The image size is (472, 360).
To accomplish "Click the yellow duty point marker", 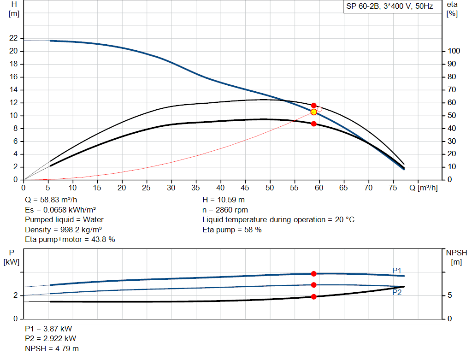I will [314, 112].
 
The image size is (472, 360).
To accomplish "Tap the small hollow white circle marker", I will [319, 109].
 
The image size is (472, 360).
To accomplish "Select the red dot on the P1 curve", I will [314, 274].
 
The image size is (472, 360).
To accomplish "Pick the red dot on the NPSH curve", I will [314, 297].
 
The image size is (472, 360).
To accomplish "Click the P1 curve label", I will [397, 270].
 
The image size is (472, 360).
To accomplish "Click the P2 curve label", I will [397, 292].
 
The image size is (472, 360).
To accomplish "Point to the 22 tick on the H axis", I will [13, 38].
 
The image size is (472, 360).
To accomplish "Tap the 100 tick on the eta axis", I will [454, 51].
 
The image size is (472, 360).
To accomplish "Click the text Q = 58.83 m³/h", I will [51, 200].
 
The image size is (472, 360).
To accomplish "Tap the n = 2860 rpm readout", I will [225, 210].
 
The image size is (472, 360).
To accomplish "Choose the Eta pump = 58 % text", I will [232, 230].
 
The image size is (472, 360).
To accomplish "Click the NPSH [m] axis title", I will [456, 257].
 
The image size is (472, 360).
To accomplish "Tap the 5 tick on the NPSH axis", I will [450, 295].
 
